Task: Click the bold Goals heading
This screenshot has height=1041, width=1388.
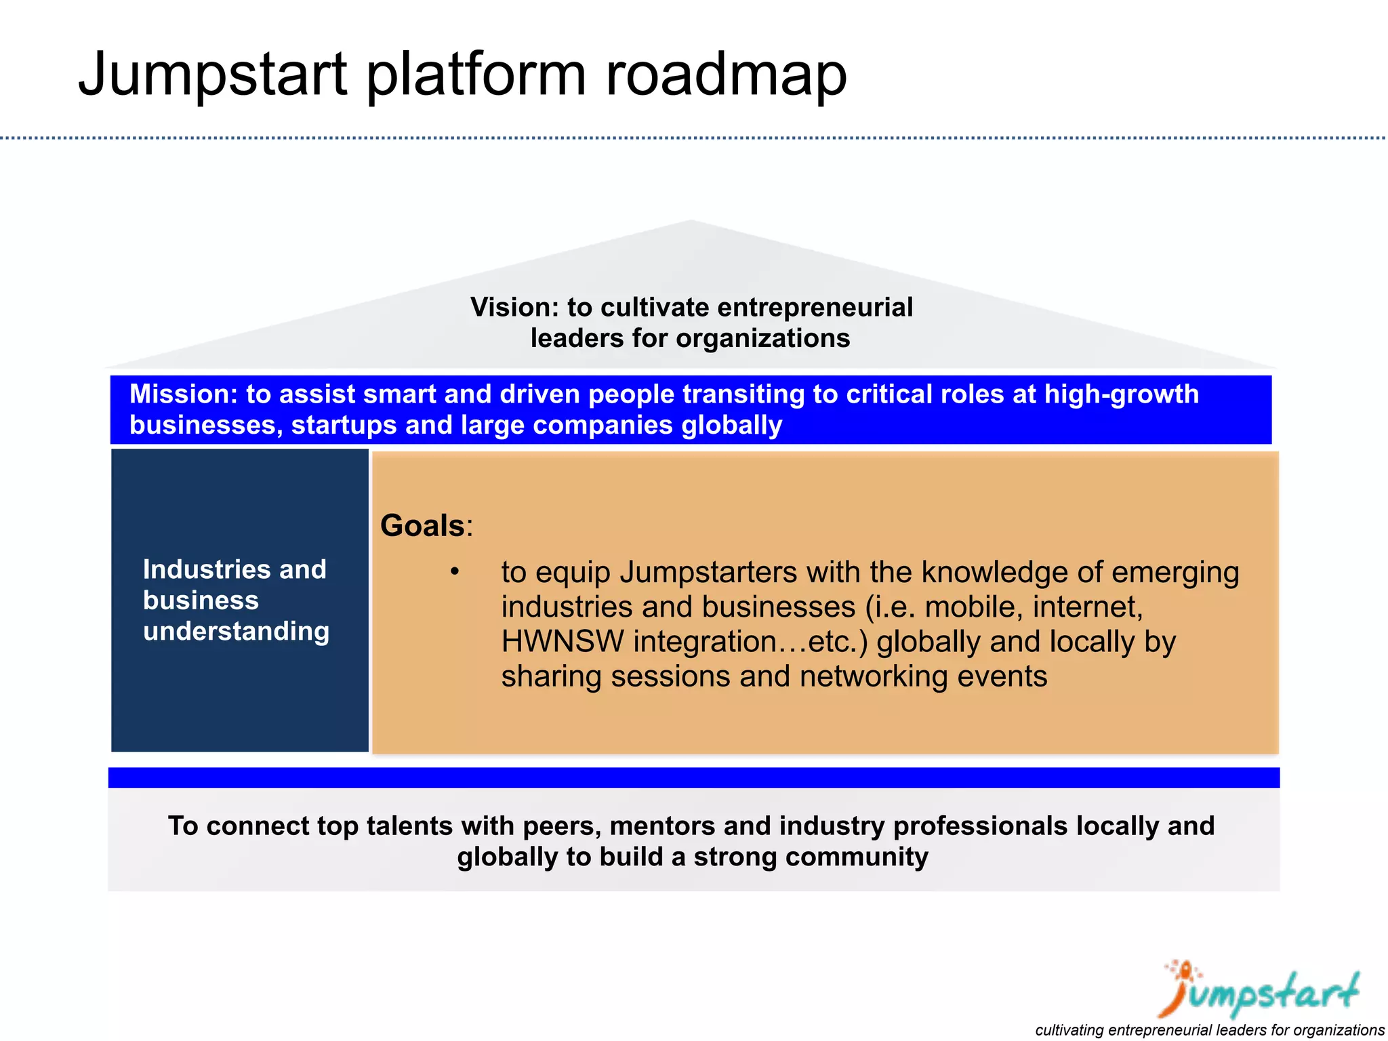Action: (422, 526)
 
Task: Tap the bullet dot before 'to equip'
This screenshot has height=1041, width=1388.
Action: (455, 572)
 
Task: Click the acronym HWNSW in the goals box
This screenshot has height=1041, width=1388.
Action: (562, 641)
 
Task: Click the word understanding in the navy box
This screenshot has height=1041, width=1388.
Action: (236, 631)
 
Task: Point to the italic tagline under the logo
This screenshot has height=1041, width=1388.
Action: (1209, 1030)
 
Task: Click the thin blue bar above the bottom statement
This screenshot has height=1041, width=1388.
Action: (693, 777)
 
